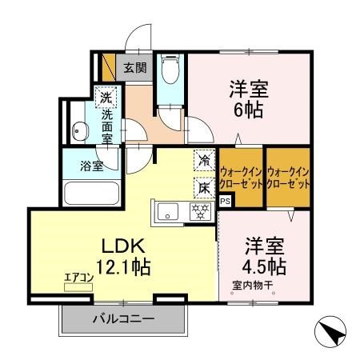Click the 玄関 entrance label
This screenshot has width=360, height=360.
134,67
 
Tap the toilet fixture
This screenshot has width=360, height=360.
169,70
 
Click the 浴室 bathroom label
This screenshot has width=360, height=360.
90,166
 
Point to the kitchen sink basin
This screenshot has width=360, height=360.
169,212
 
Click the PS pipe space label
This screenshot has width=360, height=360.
224,200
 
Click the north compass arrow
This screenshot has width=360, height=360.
331,330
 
